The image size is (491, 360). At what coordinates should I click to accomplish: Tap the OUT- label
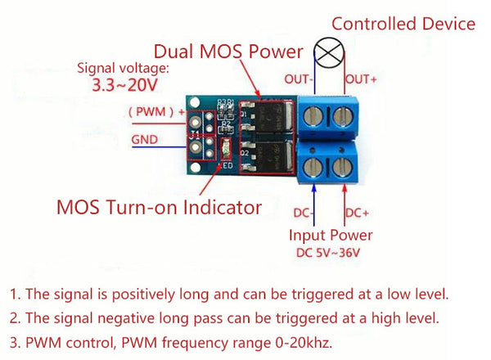(x=300, y=79)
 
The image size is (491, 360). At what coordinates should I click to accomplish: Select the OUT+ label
(x=361, y=79)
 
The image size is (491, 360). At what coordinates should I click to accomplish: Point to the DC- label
(x=304, y=214)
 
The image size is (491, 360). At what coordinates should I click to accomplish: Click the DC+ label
(x=357, y=214)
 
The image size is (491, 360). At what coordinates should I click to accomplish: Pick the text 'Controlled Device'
(x=403, y=24)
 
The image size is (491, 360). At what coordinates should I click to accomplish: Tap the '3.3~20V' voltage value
(x=114, y=83)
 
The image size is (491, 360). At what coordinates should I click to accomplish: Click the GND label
(x=144, y=140)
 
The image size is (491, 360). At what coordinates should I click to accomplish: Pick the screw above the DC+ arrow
(x=344, y=169)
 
